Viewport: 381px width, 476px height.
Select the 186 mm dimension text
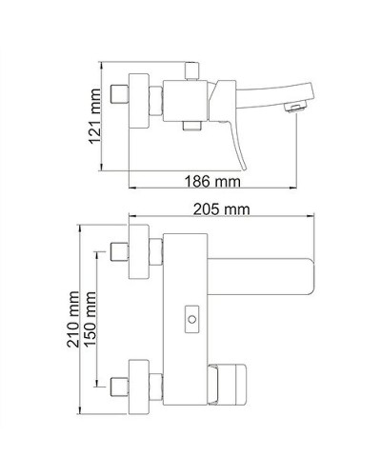211,180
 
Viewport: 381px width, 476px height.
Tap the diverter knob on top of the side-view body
190,71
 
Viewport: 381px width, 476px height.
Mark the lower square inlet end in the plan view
120,387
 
